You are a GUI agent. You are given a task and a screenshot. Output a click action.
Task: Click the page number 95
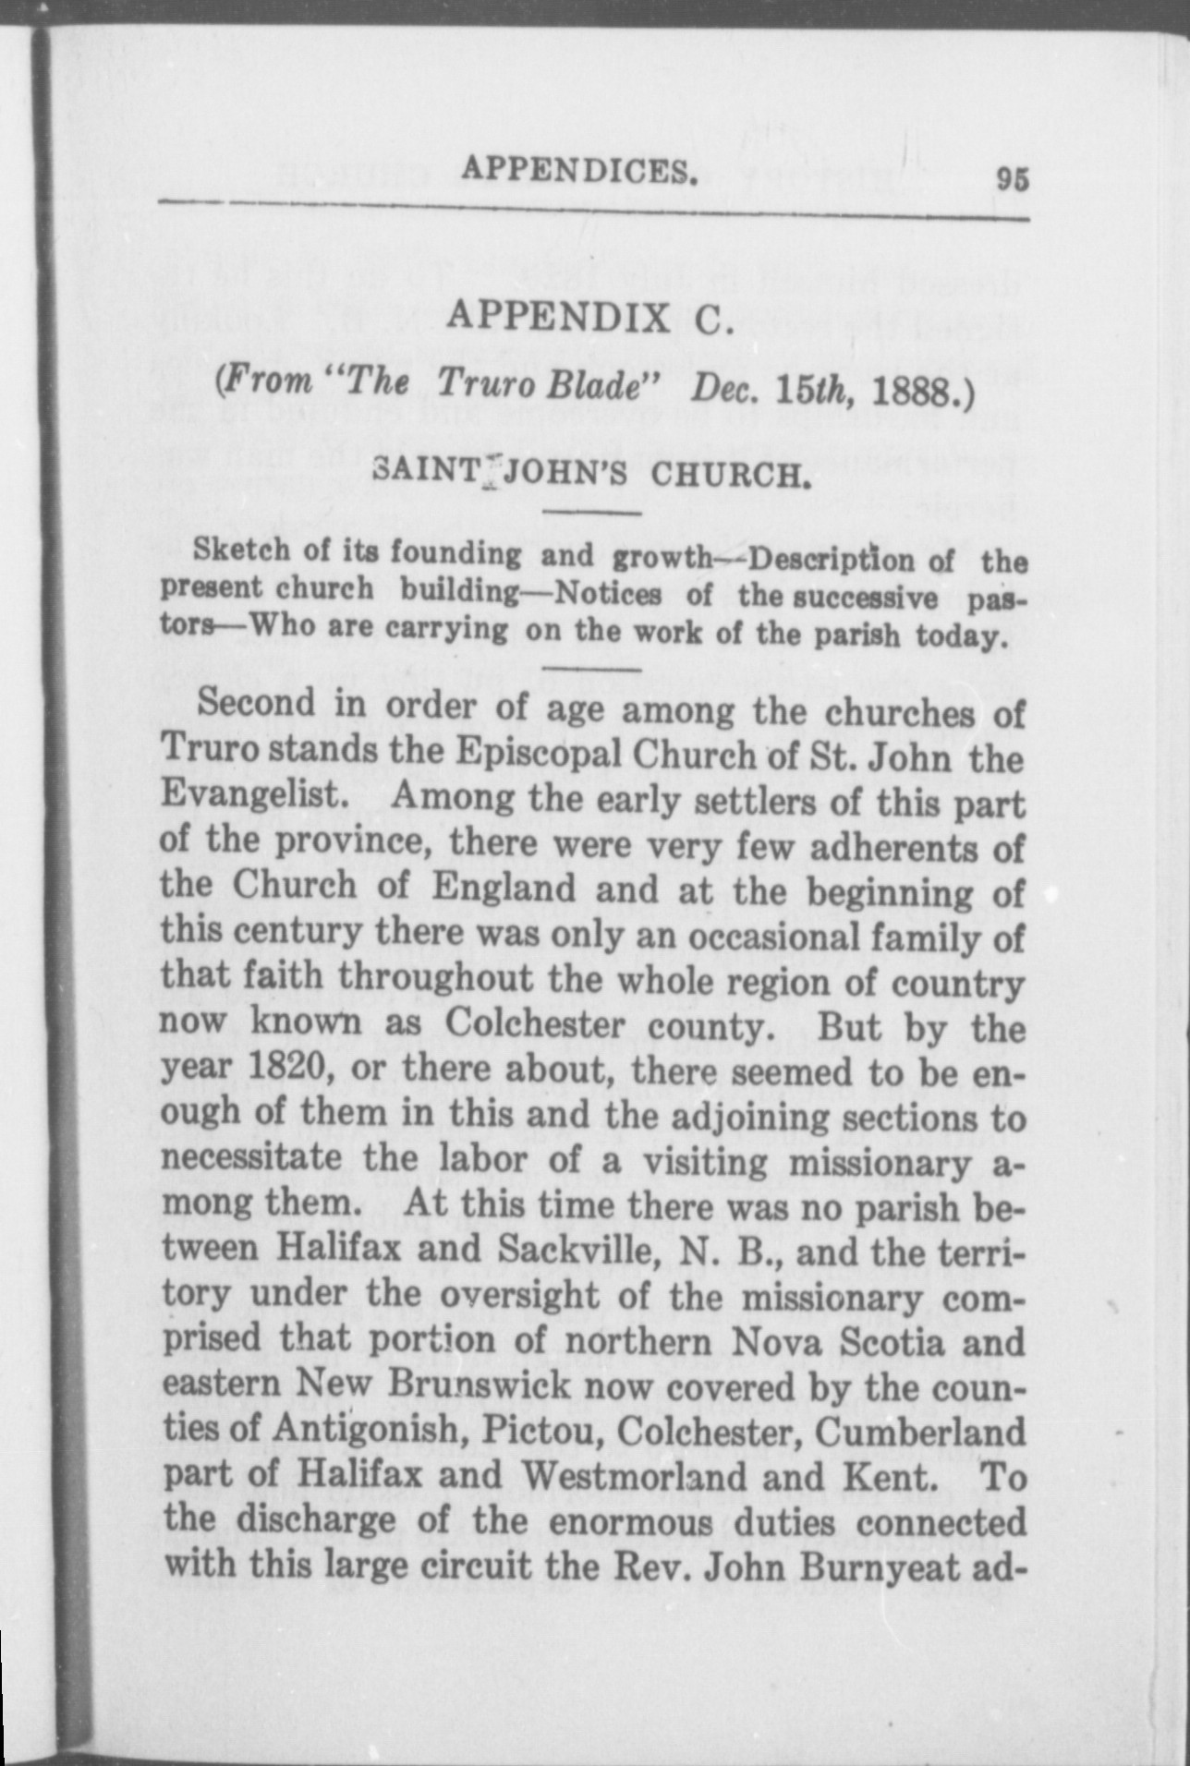tap(1012, 179)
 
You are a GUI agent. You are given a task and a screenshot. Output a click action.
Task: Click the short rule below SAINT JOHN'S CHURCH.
tap(592, 513)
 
